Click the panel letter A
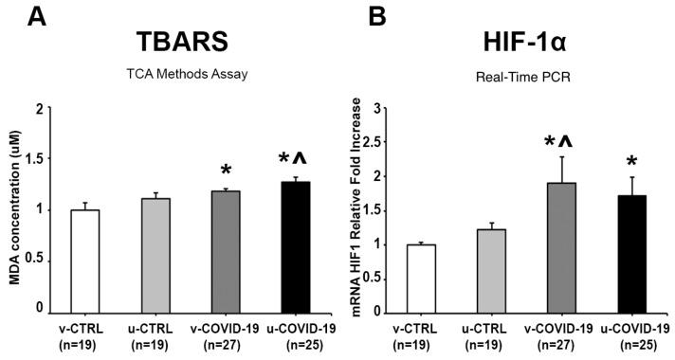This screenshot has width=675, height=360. (x=14, y=15)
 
